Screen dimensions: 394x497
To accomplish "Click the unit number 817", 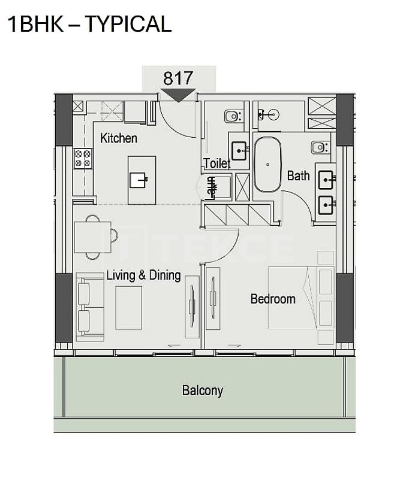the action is [x=178, y=78].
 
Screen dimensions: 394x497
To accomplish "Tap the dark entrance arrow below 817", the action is [x=178, y=95].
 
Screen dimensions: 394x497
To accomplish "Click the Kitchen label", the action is [x=119, y=138].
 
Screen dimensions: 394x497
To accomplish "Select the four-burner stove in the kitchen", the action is [x=83, y=159].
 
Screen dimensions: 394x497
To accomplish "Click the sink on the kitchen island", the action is [x=139, y=180].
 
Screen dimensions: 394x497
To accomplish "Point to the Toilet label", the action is [x=217, y=163].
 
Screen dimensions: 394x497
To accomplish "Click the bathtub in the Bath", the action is [x=267, y=165].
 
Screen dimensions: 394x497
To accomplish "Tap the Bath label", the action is [x=299, y=175].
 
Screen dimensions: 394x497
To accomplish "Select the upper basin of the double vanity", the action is [x=326, y=180].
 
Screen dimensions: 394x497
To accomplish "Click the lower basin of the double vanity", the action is [x=326, y=205].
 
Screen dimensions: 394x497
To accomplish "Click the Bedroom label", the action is [x=273, y=299].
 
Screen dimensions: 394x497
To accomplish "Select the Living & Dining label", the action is [x=143, y=275].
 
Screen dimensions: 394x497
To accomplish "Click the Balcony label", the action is [x=203, y=390].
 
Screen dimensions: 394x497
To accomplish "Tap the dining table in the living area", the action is [x=93, y=237].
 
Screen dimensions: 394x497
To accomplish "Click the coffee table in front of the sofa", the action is [x=128, y=308].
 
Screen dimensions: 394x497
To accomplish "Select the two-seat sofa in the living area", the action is [x=90, y=307].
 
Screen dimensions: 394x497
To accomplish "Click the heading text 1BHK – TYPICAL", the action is [x=89, y=24].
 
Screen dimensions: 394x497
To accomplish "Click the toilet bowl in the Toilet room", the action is [x=234, y=116].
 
